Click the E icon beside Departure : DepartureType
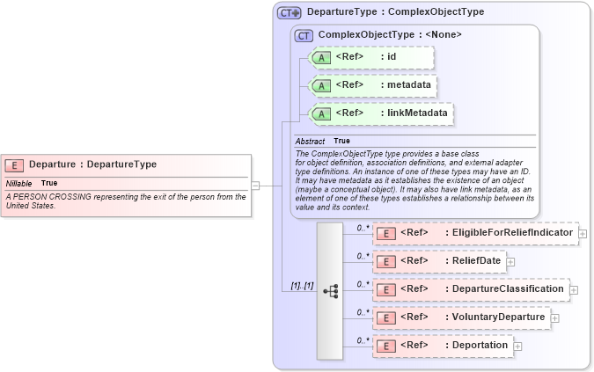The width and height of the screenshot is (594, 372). coord(14,164)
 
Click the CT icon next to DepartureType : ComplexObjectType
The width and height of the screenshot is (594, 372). coord(289,13)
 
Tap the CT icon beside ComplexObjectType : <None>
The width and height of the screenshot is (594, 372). coord(304,35)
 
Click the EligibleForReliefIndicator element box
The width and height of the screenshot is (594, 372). coord(475,233)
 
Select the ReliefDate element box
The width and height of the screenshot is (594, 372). coord(439,261)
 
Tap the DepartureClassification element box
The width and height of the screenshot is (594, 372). coord(471,289)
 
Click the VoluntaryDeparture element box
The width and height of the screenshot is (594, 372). coord(461,317)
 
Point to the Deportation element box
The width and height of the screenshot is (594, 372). coord(443,346)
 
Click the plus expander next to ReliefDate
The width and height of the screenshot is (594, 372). coord(510,261)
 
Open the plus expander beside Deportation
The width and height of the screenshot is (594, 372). coord(517,346)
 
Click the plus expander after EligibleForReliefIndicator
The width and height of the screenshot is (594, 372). coord(583,234)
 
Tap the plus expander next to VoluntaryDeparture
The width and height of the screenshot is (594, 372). coord(555,318)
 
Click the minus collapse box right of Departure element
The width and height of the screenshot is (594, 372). coord(255,186)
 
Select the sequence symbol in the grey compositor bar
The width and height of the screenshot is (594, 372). coord(330,290)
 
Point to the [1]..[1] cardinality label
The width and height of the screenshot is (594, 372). coord(302,287)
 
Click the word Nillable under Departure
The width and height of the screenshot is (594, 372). coord(18,183)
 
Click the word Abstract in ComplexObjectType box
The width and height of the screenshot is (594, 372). coord(310,141)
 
